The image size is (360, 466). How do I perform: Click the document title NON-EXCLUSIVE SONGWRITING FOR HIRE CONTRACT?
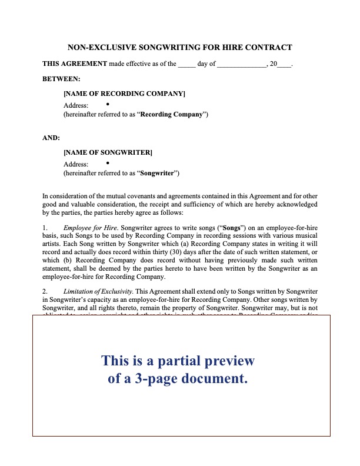[x=180, y=47]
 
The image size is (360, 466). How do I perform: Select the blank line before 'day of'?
[x=186, y=65]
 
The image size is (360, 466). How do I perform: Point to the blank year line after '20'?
[x=284, y=65]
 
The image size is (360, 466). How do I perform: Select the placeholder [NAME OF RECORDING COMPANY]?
[x=124, y=94]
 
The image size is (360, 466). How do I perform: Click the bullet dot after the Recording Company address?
[x=109, y=104]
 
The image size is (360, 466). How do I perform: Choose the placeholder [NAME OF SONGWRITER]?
[x=108, y=153]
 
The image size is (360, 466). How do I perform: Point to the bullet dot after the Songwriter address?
[x=109, y=163]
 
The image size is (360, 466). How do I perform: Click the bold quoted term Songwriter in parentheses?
[x=158, y=174]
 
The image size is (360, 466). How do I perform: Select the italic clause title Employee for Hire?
[x=85, y=227]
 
